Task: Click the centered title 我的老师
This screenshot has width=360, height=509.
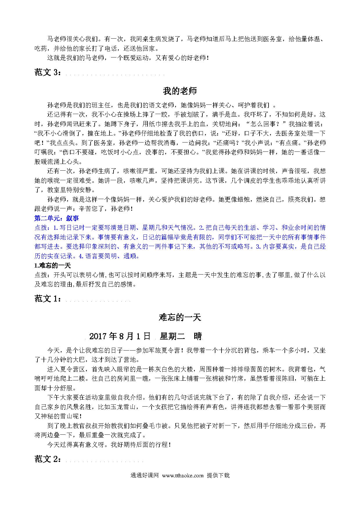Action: [180, 91]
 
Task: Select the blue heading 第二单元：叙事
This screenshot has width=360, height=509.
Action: [57, 218]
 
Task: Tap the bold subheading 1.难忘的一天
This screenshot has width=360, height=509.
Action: [53, 266]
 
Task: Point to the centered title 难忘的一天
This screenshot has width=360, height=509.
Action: [180, 317]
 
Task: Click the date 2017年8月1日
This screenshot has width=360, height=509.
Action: [120, 336]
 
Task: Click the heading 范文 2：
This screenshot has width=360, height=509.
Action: [48, 459]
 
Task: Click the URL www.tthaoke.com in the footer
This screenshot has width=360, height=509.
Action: [183, 475]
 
